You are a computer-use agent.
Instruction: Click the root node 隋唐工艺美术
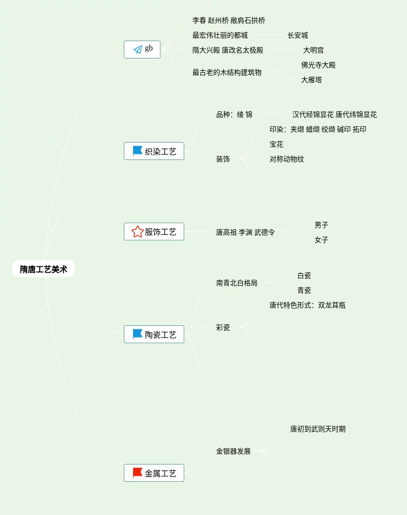click(44, 269)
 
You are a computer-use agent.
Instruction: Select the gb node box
click(142, 50)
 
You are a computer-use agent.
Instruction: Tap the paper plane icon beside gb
click(137, 50)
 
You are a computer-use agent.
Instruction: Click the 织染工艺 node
click(154, 151)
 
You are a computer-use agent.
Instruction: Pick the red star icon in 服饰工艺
click(137, 231)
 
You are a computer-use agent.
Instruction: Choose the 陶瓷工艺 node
click(154, 334)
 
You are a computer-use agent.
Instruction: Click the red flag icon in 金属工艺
click(137, 473)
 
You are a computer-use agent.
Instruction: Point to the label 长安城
click(298, 35)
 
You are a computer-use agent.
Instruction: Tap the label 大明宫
click(314, 50)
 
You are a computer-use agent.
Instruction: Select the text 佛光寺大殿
click(318, 65)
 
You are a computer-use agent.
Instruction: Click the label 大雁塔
click(312, 80)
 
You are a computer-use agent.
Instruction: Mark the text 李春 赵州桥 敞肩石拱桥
click(228, 20)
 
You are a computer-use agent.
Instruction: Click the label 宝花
click(276, 144)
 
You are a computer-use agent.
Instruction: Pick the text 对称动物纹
click(287, 159)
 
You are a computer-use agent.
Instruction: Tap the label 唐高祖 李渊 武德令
click(245, 232)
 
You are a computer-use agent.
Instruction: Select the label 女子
click(321, 240)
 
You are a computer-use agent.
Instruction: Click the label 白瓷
click(304, 275)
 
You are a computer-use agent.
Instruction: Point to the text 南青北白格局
click(237, 283)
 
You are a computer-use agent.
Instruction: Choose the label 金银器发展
click(233, 451)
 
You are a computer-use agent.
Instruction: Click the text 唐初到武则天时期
click(318, 429)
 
